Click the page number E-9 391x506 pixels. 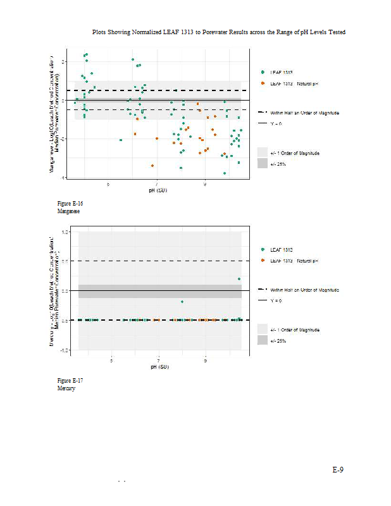338,470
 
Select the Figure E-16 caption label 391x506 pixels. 70,204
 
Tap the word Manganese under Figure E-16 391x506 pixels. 68,211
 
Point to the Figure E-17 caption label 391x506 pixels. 70,380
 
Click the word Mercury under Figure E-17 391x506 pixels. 66,388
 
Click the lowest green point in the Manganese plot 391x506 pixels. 224,173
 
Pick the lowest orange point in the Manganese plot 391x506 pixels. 152,166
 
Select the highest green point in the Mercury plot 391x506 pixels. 239,279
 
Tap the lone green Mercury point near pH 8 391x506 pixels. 182,302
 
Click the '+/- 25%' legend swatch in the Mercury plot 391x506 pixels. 263,340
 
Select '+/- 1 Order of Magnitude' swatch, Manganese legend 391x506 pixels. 263,152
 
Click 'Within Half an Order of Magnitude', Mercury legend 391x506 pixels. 304,289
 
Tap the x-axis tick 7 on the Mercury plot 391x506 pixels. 158,361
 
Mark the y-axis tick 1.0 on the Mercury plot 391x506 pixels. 65,232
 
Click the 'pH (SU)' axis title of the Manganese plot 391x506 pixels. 158,190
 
